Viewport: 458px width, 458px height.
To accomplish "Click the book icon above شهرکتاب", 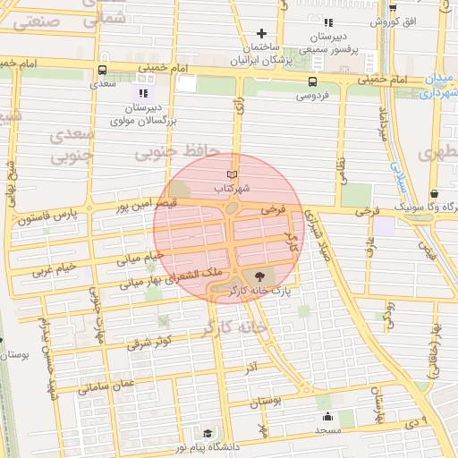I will point(233,173).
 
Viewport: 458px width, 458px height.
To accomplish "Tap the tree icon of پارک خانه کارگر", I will point(259,276).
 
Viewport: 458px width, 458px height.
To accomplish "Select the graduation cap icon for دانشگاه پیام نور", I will point(207,434).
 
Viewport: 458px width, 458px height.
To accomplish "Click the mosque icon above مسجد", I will point(327,416).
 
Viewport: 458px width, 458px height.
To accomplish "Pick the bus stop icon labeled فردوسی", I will point(310,79).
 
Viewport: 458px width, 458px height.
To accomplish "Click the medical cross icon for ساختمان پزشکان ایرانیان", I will point(261,33).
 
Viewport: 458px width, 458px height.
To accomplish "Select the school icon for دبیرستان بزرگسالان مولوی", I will point(142,93).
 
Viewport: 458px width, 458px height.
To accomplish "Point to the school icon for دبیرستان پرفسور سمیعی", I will point(328,22).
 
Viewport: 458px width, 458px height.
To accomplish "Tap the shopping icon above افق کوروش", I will point(393,7).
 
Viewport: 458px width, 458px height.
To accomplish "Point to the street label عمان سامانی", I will point(105,386).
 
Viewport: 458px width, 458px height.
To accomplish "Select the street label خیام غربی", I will point(52,267).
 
